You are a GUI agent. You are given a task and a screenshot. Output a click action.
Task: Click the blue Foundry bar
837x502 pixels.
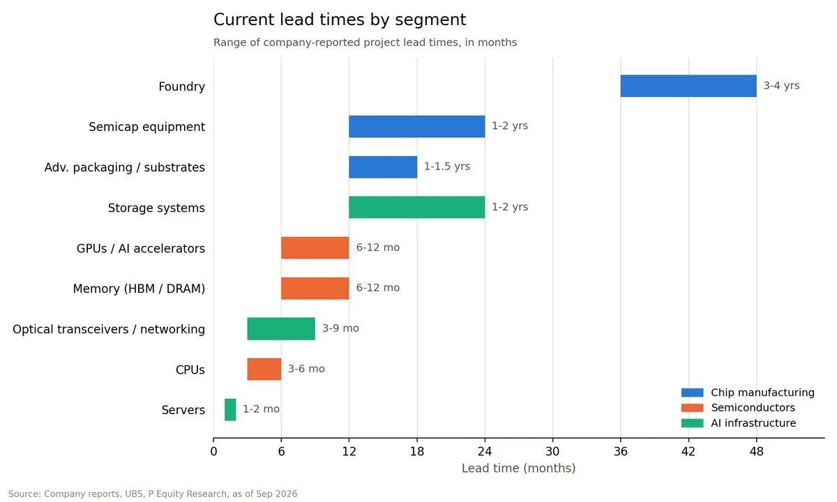688,86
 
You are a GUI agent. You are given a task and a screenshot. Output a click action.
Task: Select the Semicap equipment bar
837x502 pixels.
417,127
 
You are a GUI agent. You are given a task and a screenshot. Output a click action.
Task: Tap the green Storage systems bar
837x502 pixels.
417,207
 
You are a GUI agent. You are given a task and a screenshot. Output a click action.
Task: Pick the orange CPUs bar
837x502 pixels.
264,369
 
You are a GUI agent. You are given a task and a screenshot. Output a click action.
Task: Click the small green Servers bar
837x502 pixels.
230,410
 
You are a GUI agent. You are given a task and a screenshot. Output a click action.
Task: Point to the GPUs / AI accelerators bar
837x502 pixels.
315,248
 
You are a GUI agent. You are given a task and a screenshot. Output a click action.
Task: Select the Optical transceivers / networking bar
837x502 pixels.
281,328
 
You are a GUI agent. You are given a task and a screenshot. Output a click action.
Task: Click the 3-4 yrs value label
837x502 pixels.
781,86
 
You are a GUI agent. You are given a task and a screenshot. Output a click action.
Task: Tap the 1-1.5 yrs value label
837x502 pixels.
447,166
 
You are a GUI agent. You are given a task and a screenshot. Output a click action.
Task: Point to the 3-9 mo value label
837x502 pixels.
340,328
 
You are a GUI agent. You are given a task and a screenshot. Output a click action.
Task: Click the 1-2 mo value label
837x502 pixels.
261,409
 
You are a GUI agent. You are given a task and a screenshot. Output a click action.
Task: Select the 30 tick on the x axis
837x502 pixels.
552,452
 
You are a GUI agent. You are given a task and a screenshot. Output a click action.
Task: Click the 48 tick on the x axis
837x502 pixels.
756,452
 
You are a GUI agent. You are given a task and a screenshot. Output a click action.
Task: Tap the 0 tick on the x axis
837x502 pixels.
213,452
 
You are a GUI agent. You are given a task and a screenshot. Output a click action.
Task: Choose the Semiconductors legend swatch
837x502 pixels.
692,407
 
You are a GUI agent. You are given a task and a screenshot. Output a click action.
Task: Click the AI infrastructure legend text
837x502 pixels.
753,423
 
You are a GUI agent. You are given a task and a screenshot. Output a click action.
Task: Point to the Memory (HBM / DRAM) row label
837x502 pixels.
139,289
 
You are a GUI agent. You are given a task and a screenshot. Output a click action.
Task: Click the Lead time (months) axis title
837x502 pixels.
519,469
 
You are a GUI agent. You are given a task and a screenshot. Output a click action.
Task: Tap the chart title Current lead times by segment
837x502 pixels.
340,20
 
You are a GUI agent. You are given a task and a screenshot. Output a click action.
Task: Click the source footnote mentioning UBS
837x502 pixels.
153,494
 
